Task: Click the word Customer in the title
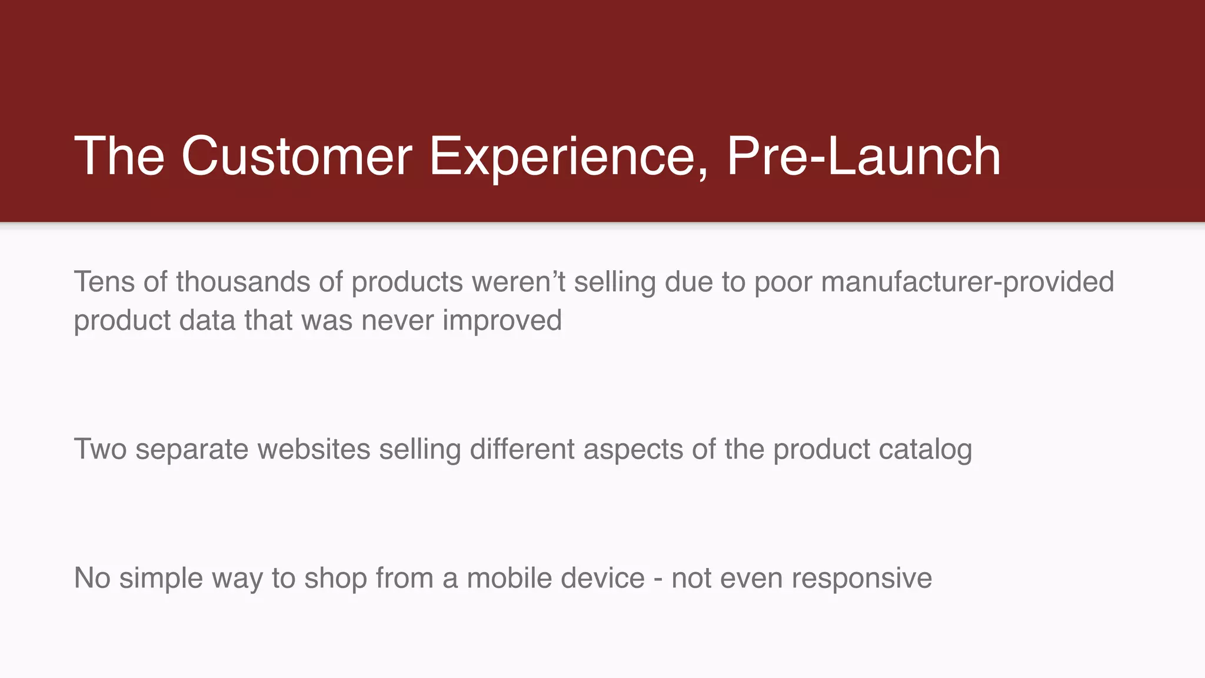[297, 156]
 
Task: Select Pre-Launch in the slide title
[864, 156]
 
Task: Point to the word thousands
[243, 281]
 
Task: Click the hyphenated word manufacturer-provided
[967, 281]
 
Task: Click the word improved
[502, 321]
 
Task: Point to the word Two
[100, 449]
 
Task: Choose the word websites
[314, 449]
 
